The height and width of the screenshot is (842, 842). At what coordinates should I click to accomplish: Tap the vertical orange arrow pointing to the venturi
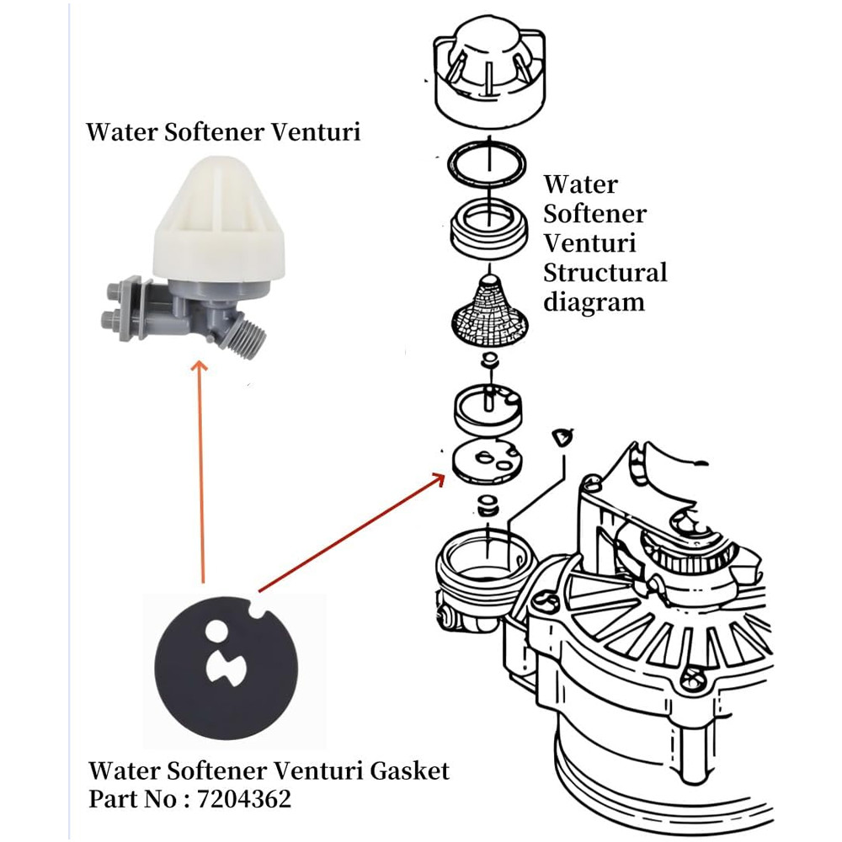[x=200, y=472]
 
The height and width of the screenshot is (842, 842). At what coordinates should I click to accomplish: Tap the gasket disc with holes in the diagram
[x=487, y=461]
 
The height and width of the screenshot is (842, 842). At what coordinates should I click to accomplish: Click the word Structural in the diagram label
[x=605, y=273]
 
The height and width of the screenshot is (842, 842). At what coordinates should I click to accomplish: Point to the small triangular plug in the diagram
[x=561, y=435]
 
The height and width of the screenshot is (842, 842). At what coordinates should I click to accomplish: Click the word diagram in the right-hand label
[x=594, y=301]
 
